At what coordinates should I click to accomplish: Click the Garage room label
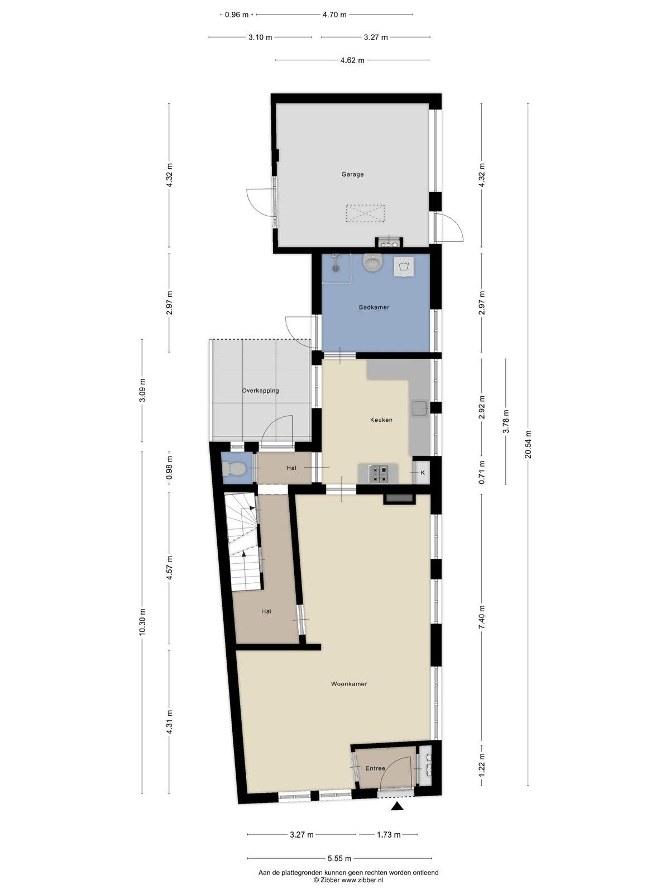352,174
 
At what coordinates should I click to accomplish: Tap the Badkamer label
374,307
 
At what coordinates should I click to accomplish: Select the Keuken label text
381,420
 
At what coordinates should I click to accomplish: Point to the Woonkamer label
349,684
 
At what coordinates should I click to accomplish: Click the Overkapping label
260,391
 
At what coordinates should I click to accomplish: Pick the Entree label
375,768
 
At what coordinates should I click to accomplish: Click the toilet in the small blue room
233,468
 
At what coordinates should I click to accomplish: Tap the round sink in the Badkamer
372,263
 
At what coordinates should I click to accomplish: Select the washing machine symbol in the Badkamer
404,267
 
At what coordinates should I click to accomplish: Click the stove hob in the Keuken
379,473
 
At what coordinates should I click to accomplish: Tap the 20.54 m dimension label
528,444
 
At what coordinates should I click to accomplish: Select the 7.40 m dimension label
482,617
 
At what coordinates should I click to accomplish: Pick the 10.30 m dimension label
142,622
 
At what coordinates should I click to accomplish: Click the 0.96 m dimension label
236,15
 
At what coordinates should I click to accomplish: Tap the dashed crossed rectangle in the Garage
365,213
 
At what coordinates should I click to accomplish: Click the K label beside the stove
423,473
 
